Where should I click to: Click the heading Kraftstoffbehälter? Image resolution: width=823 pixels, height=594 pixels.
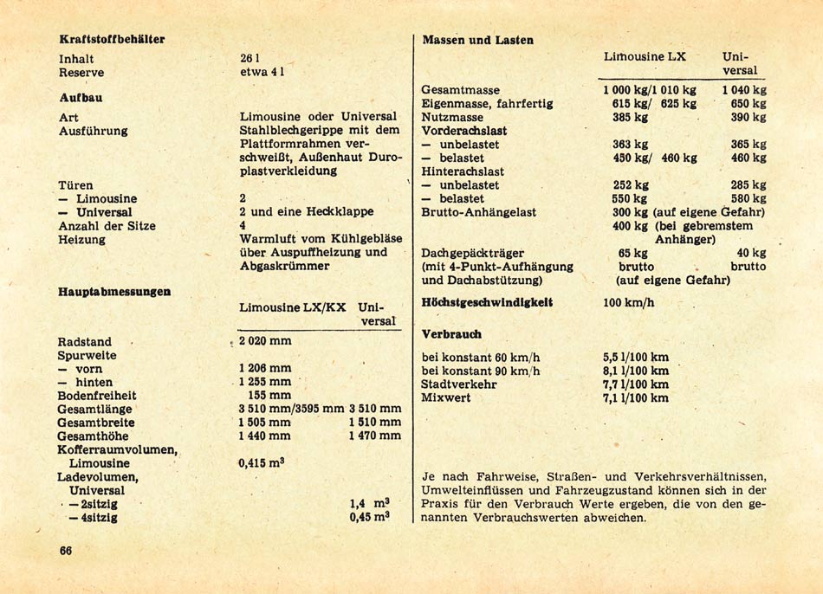[x=112, y=39]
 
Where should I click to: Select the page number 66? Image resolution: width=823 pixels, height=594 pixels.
[x=65, y=552]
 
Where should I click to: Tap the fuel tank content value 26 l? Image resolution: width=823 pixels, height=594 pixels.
[x=251, y=60]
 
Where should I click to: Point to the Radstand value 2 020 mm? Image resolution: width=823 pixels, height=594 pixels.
[x=265, y=342]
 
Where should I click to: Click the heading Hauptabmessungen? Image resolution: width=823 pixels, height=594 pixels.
[x=114, y=292]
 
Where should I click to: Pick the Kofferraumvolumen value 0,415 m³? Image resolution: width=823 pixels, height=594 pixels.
[x=262, y=463]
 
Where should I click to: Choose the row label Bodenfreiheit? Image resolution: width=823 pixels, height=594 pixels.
[x=97, y=396]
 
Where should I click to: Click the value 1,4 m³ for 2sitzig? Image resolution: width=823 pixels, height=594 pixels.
[x=369, y=503]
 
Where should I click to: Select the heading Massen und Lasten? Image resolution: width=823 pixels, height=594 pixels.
[x=477, y=40]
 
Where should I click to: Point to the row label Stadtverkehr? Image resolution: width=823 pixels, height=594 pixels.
[x=459, y=384]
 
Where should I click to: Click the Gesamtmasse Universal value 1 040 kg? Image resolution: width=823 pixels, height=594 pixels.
[x=743, y=90]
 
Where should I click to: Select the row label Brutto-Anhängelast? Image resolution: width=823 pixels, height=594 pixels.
[x=478, y=212]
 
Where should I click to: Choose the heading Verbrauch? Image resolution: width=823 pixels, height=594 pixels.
[x=451, y=334]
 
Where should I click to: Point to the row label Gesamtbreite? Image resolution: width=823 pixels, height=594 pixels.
[x=97, y=423]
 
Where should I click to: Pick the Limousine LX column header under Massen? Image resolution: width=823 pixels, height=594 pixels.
[x=645, y=56]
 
